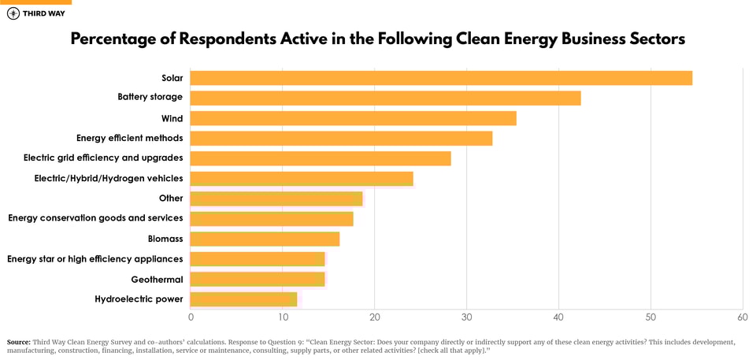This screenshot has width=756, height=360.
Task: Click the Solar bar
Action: (441, 78)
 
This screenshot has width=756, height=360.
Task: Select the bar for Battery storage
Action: (385, 98)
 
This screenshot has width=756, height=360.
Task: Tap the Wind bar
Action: (353, 118)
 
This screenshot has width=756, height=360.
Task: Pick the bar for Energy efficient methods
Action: (341, 139)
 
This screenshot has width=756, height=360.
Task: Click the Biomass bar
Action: (265, 239)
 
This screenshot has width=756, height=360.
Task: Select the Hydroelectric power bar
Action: (243, 299)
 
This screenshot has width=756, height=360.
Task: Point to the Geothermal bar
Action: (258, 279)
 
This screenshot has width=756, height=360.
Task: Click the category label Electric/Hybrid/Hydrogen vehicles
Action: (109, 178)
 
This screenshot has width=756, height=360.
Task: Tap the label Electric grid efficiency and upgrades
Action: (103, 158)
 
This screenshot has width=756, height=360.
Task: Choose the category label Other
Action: (171, 199)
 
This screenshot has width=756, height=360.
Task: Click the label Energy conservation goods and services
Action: (95, 218)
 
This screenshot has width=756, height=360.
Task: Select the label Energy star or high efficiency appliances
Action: (95, 259)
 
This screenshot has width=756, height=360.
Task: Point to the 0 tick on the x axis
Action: (191, 317)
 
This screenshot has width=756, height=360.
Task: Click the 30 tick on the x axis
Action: (467, 317)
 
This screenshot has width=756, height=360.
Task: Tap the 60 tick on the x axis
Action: (743, 317)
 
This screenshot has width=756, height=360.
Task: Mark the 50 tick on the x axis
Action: (650, 317)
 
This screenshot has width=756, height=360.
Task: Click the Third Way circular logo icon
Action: (13, 13)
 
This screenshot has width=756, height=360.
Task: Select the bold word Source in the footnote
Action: (18, 342)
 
